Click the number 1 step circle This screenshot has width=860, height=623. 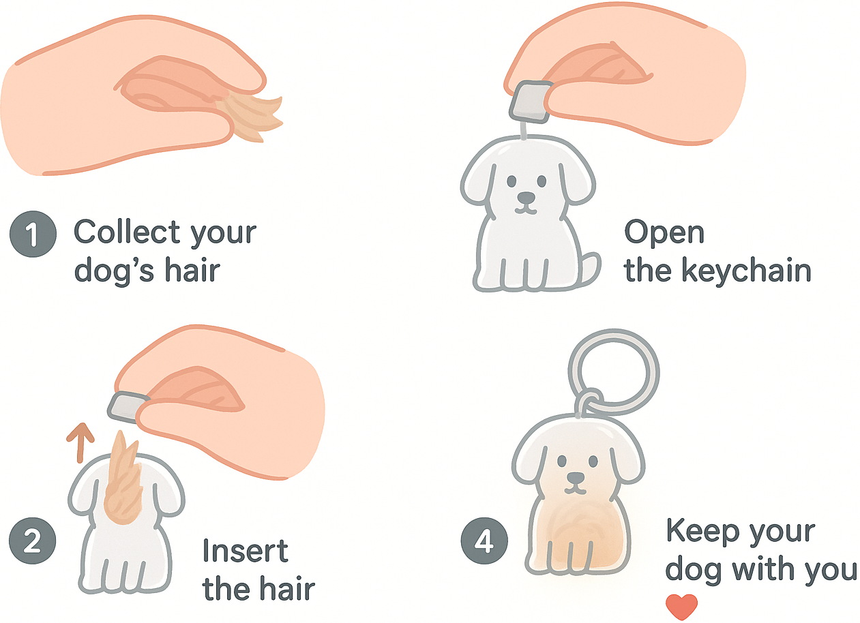pos(33,234)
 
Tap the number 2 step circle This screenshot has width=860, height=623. pos(33,541)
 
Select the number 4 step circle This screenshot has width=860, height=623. pos(484,541)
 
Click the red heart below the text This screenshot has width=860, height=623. pos(681,607)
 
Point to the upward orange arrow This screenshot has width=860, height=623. pos(80,443)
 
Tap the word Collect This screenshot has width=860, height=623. pos(127,232)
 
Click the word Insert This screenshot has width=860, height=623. pos(245,551)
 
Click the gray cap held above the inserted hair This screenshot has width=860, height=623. pos(128,407)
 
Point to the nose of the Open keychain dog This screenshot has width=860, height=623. pos(526,198)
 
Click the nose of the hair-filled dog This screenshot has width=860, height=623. pos(576,478)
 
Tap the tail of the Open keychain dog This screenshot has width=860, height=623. pos(589,269)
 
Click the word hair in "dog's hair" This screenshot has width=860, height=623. pos(192,270)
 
